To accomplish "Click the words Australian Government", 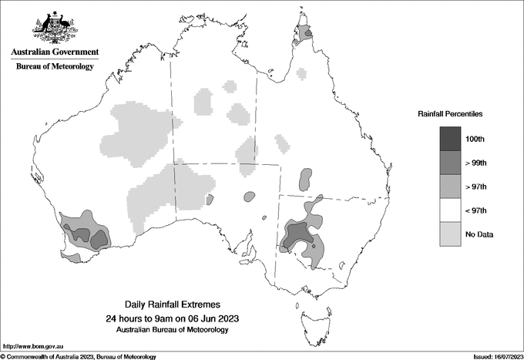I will point(55,52).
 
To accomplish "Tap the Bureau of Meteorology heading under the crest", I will point(55,67).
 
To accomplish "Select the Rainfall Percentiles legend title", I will point(450,114).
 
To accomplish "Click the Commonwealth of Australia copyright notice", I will point(79,356).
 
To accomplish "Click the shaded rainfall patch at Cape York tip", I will point(307,33).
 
